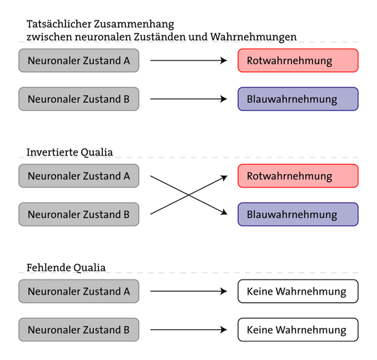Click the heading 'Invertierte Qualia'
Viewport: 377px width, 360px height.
tap(70, 152)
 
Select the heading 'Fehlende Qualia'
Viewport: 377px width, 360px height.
tap(65, 267)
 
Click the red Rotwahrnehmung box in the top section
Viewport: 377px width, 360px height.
tap(298, 61)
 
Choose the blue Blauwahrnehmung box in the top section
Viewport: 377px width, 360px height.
tap(298, 99)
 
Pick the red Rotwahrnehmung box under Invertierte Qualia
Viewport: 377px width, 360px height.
tap(298, 176)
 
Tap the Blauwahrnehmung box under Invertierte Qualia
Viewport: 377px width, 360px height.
tap(298, 214)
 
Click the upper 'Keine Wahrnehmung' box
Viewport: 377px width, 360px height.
tap(298, 292)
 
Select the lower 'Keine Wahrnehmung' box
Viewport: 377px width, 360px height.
tap(298, 330)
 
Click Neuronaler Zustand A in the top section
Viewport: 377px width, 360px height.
tap(78, 61)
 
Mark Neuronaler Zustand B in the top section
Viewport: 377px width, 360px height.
tap(78, 99)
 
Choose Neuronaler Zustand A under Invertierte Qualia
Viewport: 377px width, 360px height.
tap(78, 176)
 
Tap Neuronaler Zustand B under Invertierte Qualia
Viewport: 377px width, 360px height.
tap(78, 214)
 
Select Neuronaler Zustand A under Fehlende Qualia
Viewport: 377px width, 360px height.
tap(78, 292)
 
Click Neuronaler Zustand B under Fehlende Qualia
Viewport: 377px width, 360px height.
tap(78, 330)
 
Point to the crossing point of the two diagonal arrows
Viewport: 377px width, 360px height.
tap(189, 195)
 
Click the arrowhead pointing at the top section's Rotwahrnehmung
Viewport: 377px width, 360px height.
tap(224, 61)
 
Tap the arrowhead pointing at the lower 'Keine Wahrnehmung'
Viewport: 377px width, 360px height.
tap(224, 330)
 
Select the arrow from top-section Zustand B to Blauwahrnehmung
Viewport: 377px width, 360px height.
tap(187, 99)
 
